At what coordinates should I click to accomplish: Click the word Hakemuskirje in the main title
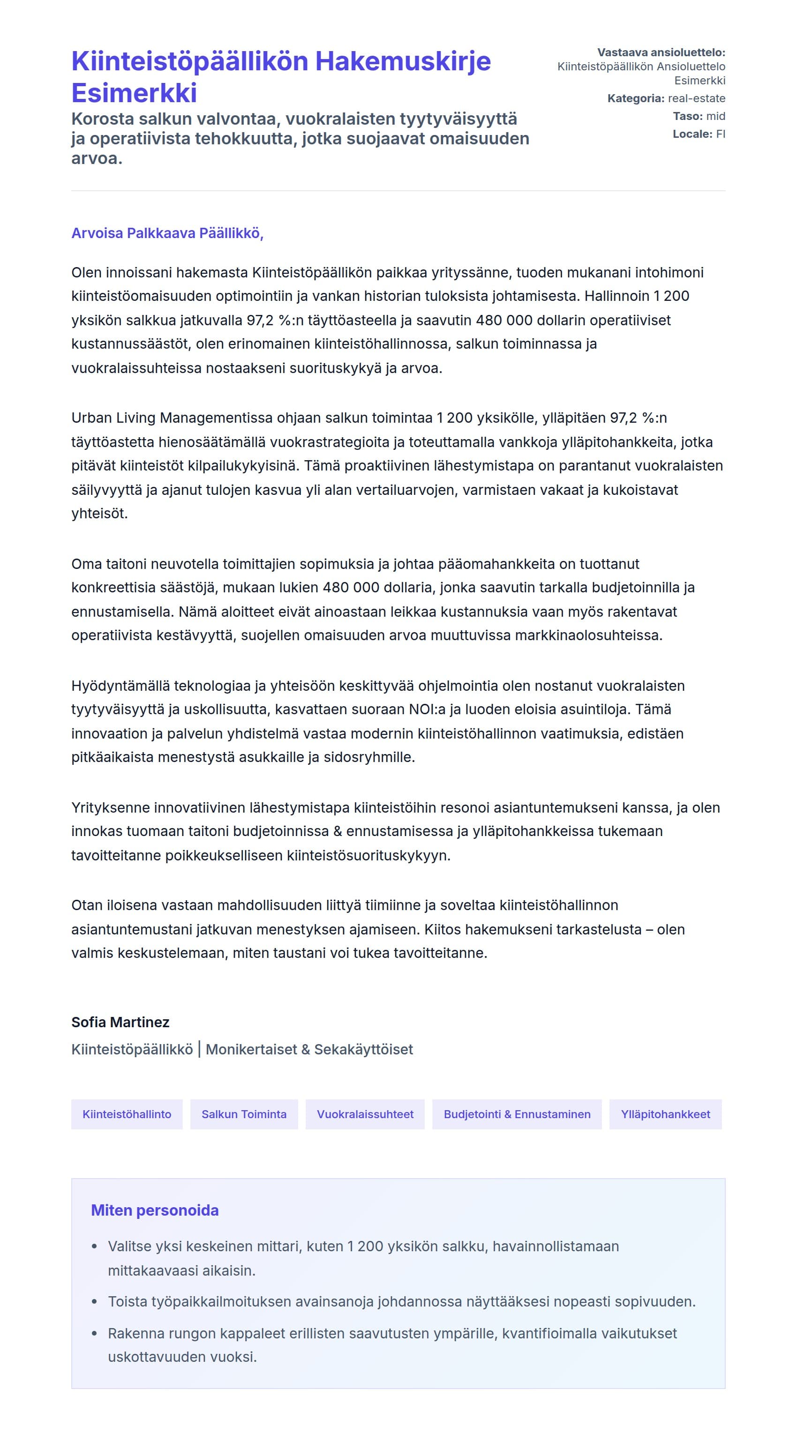[403, 61]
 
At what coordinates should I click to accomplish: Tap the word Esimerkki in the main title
[134, 93]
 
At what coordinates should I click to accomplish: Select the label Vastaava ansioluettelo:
[661, 52]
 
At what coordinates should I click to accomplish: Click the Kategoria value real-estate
[696, 98]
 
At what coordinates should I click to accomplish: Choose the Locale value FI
[720, 134]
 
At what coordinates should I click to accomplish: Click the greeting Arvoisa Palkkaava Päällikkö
[167, 233]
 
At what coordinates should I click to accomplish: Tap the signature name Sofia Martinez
[120, 1022]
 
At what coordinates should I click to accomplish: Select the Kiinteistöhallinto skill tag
[127, 1114]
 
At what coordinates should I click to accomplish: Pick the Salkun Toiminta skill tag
[244, 1114]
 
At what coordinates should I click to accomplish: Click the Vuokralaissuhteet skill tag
[365, 1114]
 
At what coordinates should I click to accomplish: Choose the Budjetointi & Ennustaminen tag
[517, 1114]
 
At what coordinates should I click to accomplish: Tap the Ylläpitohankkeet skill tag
[665, 1114]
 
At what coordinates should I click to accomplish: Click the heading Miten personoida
[155, 1210]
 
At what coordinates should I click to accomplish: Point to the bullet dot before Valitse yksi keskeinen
[95, 1247]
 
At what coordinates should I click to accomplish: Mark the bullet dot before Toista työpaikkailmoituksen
[95, 1302]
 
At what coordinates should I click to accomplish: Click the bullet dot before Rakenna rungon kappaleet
[95, 1334]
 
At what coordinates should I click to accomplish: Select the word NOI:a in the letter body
[427, 709]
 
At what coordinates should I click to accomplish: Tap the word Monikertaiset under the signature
[251, 1049]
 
